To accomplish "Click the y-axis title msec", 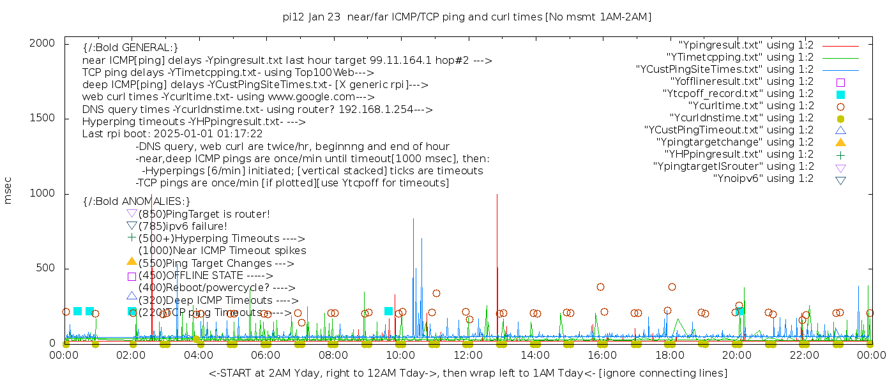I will [8, 190].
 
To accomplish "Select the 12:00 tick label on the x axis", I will [468, 356].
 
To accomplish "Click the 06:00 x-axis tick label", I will [266, 356].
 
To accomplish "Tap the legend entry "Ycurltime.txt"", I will [750, 106].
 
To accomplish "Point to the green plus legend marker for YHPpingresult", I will [840, 154].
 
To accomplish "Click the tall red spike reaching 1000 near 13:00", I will [497, 195].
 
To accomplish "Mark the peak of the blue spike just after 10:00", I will [413, 219].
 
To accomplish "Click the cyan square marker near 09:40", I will [388, 311].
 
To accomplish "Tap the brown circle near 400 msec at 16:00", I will [600, 287].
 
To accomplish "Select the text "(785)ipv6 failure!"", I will [183, 227].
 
